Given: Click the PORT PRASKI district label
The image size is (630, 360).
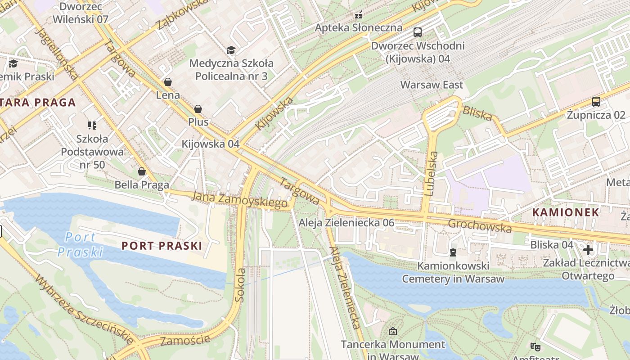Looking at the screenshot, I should tap(162, 246).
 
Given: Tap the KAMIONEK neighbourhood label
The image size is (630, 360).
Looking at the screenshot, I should tap(566, 212).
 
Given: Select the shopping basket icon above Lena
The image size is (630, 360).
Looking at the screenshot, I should tap(168, 82).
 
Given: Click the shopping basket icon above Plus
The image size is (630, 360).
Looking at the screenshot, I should tap(198, 109).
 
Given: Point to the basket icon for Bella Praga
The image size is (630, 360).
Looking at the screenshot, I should tap(142, 171).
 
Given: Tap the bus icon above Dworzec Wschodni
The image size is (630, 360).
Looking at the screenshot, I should tap(418, 32).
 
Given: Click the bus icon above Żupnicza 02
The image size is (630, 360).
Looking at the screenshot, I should tap(596, 101).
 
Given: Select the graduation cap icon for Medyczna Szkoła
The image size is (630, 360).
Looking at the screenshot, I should tap(231, 50).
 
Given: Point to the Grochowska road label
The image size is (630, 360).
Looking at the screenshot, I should tap(480, 226).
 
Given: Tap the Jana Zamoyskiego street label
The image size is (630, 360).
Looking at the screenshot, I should tap(239, 200).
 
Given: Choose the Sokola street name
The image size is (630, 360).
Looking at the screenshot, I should tap(241, 284).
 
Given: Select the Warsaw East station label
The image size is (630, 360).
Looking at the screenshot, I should tap(432, 85).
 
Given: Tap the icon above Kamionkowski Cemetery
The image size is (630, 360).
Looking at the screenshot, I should tap(453, 252).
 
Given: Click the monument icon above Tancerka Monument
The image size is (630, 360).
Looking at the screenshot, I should tap(392, 332).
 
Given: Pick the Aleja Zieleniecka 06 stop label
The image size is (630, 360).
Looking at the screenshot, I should tap(346, 222).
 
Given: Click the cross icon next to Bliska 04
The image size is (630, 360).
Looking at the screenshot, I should tap(588, 249).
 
